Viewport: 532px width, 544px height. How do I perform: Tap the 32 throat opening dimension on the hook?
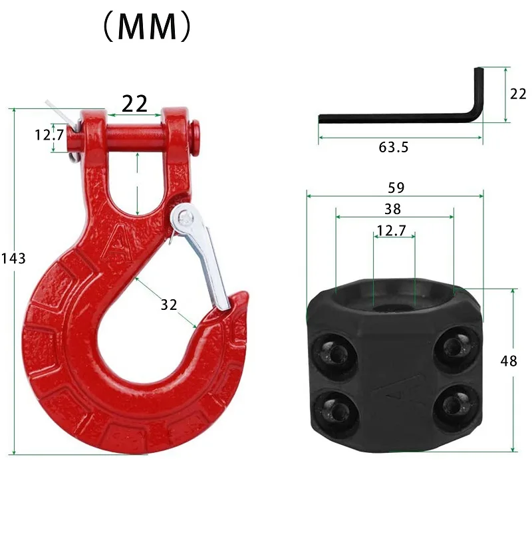[x=169, y=305]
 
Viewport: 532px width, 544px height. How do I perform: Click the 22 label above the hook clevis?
[x=134, y=103]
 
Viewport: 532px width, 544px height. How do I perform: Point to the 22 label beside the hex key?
[x=517, y=94]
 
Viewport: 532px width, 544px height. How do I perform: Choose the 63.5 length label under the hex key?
[x=394, y=147]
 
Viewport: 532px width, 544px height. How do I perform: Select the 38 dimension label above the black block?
[x=393, y=209]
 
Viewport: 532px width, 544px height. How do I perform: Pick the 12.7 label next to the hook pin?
[x=49, y=135]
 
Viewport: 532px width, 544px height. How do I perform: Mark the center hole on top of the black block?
[x=394, y=303]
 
